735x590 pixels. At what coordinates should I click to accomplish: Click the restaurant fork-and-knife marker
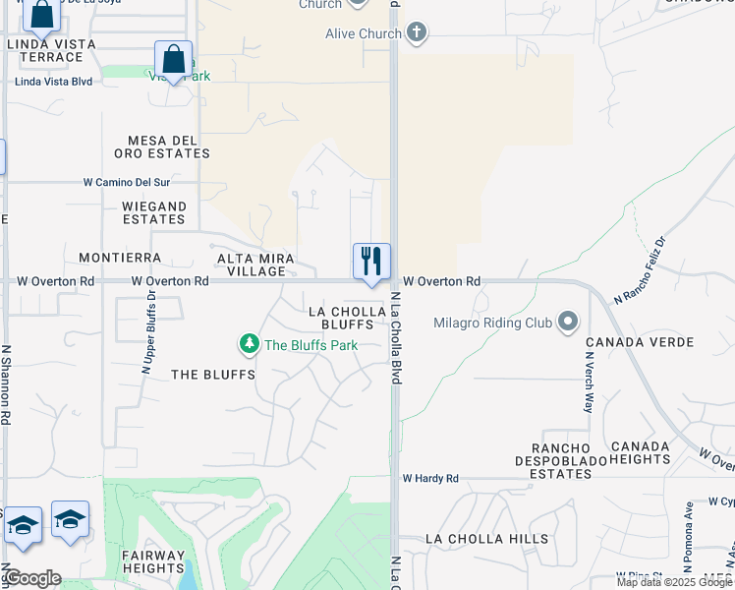coord(371,262)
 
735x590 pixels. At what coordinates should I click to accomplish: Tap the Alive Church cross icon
coord(417,33)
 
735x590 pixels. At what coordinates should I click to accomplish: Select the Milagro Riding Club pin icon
coord(568,322)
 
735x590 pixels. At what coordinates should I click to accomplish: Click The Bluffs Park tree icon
coord(250,344)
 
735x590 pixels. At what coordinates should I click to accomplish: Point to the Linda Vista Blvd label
coord(53,81)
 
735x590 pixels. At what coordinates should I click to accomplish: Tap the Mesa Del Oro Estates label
coord(162,147)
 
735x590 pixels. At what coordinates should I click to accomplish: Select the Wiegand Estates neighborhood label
coord(153,212)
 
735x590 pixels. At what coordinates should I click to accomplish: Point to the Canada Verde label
coord(640,342)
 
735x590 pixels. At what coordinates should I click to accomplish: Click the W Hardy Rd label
coord(430,479)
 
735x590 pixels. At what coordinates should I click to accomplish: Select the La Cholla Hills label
coord(487,539)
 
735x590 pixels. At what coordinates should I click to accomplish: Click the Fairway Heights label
coord(153,561)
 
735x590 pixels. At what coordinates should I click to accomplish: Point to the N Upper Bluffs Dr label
coord(150,332)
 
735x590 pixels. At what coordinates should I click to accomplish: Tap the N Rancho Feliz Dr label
coord(640,269)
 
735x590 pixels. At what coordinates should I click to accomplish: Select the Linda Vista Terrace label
coord(51,51)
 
